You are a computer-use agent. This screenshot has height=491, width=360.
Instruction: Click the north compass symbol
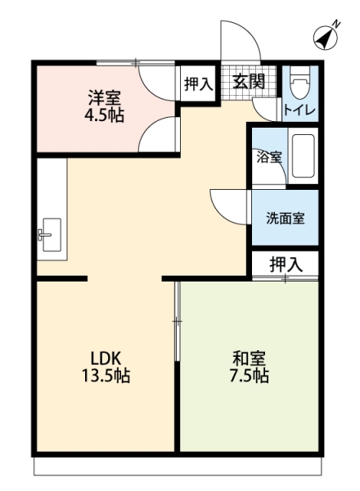pyautogui.click(x=326, y=38)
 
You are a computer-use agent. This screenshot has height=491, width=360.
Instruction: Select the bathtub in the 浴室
pyautogui.click(x=303, y=156)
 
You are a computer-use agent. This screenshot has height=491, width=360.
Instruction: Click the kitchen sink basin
pyautogui.click(x=52, y=235)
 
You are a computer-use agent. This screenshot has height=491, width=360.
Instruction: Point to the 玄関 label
pyautogui.click(x=249, y=81)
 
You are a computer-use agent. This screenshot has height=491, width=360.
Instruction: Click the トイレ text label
pyautogui.click(x=299, y=110)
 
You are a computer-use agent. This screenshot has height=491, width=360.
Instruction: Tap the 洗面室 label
pyautogui.click(x=286, y=218)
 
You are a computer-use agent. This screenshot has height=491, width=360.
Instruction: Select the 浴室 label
pyautogui.click(x=269, y=157)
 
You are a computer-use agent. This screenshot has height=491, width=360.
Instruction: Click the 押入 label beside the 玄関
pyautogui.click(x=199, y=84)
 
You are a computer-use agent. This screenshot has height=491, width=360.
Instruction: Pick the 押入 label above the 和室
pyautogui.click(x=286, y=264)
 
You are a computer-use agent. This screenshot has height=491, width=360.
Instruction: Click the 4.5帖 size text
pyautogui.click(x=104, y=115)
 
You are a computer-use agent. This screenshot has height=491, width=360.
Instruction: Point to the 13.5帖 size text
pyautogui.click(x=106, y=376)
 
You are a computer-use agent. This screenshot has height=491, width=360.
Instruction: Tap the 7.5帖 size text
pyautogui.click(x=250, y=376)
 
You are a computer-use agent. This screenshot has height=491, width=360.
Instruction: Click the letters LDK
pyautogui.click(x=106, y=358)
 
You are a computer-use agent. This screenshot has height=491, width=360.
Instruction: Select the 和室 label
pyautogui.click(x=249, y=358)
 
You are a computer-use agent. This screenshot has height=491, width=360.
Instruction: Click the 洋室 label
pyautogui.click(x=104, y=97)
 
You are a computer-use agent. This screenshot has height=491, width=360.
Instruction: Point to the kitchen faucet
pyautogui.click(x=43, y=234)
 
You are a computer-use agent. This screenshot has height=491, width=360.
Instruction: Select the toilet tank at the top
pyautogui.click(x=300, y=72)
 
